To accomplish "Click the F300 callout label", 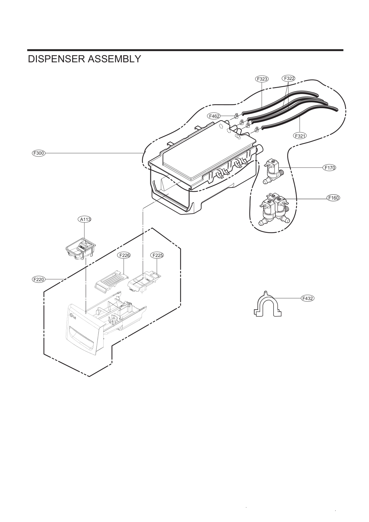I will (x=39, y=153).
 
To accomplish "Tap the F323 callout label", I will (x=262, y=79).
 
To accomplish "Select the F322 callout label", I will (x=288, y=78).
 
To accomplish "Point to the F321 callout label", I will (x=300, y=135).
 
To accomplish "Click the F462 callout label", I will (x=214, y=116).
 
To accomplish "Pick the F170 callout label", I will (x=329, y=168).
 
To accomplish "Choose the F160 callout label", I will (x=333, y=198).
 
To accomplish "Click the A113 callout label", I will (x=84, y=219).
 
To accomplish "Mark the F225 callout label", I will (x=157, y=255).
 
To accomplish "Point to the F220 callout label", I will (x=39, y=279).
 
